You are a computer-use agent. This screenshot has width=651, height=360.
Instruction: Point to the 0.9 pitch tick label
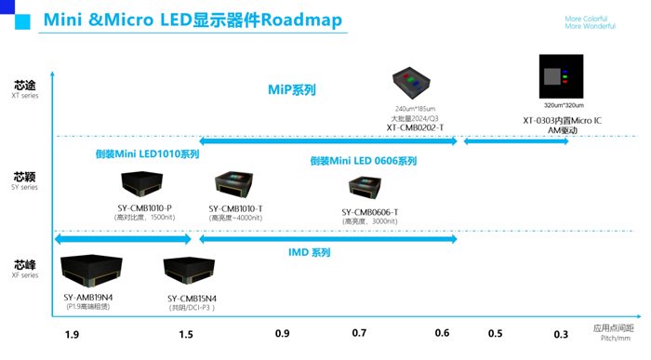[x=282, y=333]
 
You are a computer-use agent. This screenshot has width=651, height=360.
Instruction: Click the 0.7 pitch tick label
[x=360, y=333]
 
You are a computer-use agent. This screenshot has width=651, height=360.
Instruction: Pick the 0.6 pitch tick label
[x=442, y=333]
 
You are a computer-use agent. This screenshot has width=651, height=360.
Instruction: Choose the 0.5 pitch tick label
[x=495, y=333]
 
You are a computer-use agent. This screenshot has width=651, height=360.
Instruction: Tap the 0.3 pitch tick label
[x=561, y=333]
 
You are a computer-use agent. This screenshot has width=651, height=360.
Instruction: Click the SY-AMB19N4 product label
[x=89, y=298]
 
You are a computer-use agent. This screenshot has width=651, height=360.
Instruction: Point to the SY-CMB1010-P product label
[x=144, y=207]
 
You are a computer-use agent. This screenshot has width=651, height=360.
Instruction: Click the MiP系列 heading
[x=298, y=90]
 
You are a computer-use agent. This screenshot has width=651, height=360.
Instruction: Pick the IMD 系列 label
[x=307, y=252]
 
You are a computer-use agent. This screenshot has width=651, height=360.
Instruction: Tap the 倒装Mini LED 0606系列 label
[x=364, y=160]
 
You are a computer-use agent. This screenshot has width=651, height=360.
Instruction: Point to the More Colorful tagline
[x=585, y=18]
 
